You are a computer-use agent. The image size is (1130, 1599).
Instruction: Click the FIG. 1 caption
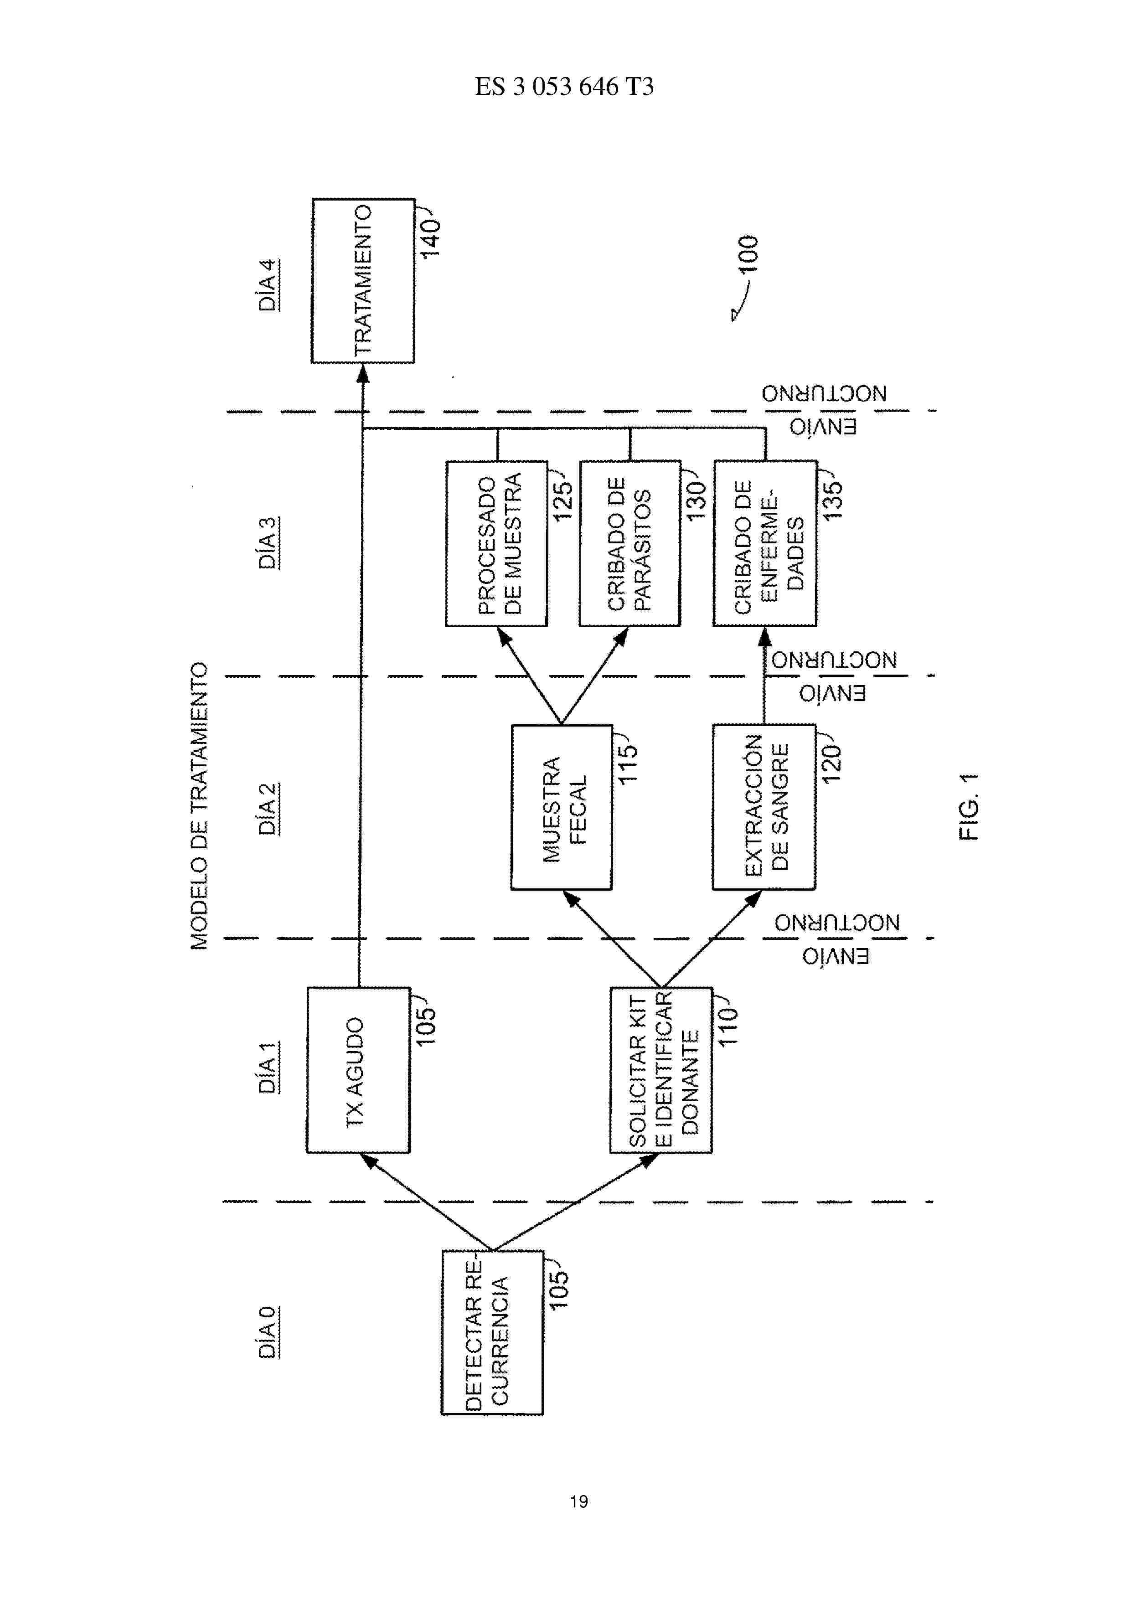[969, 806]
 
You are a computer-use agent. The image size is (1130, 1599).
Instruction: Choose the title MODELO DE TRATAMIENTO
[199, 806]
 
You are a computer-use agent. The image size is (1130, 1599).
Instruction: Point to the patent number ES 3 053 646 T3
[565, 86]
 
